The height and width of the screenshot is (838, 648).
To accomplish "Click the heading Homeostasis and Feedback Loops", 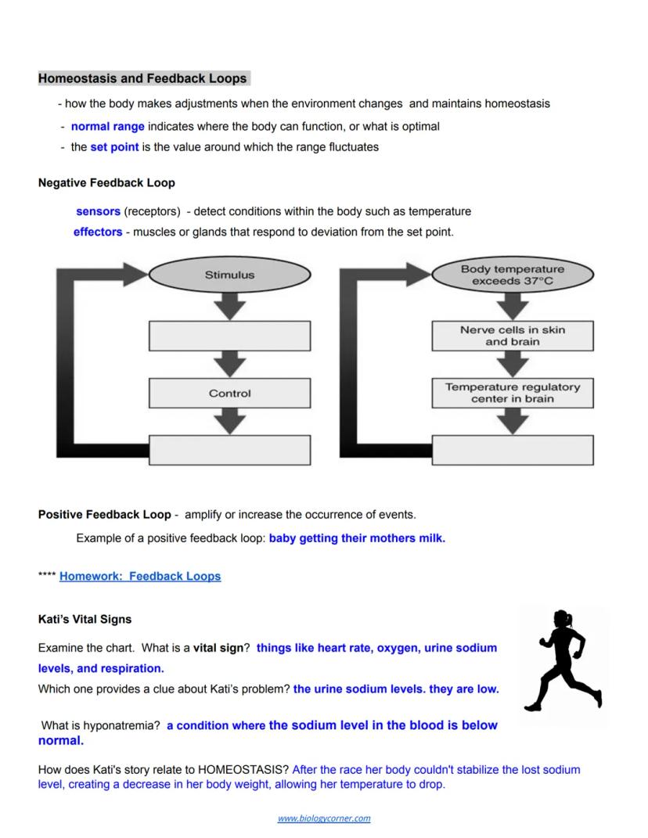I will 142,78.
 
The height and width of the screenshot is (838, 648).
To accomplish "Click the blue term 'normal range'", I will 107,126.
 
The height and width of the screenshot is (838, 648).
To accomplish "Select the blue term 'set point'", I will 114,146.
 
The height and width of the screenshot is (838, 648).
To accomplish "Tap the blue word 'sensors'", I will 98,211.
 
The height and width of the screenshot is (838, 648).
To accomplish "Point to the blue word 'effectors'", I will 98,232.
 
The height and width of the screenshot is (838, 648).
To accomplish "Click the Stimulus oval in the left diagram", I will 229,275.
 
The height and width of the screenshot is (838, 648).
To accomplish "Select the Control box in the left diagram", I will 229,394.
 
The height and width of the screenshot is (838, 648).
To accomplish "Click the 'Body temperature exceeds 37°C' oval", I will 512,275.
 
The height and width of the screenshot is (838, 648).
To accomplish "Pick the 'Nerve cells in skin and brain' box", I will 512,336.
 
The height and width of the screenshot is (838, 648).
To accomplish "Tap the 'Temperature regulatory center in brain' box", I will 512,393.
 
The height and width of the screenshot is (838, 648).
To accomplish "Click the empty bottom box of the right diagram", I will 512,450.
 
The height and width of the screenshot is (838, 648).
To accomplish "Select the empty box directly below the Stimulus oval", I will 229,336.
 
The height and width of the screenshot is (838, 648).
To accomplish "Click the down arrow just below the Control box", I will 229,421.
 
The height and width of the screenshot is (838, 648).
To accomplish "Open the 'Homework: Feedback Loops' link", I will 140,576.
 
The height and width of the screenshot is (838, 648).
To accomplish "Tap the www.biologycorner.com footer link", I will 324,818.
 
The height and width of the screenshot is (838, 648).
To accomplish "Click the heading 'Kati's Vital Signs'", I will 85,619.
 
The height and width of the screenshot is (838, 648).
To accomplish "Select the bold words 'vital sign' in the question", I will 218,648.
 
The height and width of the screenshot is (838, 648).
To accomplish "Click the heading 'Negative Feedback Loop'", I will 106,182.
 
